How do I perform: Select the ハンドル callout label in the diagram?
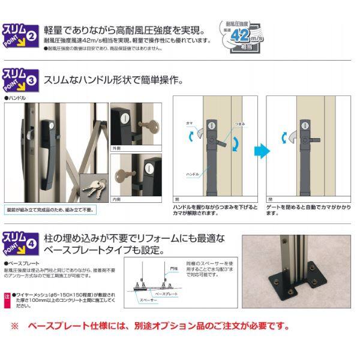coord(192,173)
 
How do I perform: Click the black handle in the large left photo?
coord(46,144)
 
